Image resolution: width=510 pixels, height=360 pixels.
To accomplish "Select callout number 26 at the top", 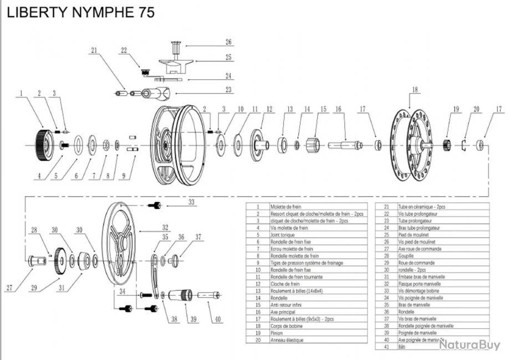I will tap(228, 42).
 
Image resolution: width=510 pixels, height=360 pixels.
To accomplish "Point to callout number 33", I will tap(192, 203).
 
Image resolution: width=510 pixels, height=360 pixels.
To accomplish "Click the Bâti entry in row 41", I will tap(402, 347).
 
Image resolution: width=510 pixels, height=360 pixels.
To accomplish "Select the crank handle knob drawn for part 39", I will tap(180, 295).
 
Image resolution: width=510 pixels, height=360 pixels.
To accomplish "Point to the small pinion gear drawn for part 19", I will tap(446, 146).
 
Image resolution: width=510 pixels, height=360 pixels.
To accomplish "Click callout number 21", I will tap(94, 50).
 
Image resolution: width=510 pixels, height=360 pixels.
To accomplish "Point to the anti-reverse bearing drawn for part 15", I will tap(314, 145).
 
